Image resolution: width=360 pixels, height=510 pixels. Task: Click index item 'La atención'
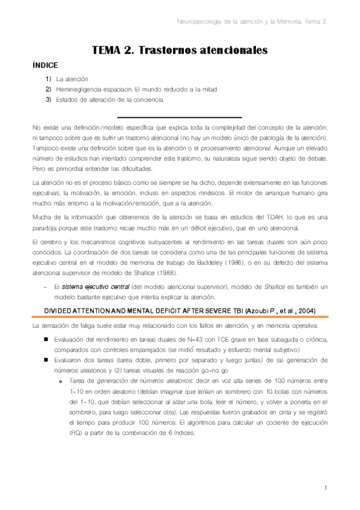(x=72, y=79)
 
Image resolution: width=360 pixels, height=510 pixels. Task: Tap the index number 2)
(x=48, y=89)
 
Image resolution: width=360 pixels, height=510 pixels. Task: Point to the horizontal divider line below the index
(x=179, y=117)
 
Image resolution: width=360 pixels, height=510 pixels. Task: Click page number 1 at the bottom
(x=325, y=487)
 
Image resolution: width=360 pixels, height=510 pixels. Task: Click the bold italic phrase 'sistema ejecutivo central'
(x=89, y=287)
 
